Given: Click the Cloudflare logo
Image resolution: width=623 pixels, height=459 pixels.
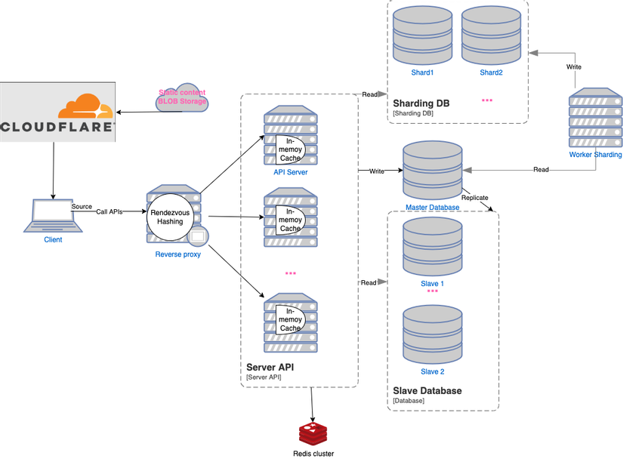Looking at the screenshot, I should coord(57,112).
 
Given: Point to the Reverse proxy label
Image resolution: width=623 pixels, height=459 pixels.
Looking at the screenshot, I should coord(177,254).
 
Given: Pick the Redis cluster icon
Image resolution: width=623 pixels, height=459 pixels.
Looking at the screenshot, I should coord(313,433).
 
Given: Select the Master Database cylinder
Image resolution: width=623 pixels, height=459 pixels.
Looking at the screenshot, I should coord(433,171).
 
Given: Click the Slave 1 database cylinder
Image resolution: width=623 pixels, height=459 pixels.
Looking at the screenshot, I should coord(432,246).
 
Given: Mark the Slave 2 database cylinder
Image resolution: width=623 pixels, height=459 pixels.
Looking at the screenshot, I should coord(432,334).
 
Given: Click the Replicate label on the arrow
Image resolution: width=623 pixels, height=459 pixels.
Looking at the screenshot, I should coord(476,198).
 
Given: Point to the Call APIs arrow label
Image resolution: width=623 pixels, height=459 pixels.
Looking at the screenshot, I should coord(109,212).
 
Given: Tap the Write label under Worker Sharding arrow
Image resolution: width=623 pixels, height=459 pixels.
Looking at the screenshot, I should coord(574,67).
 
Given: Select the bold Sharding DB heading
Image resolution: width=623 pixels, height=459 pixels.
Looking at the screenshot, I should coord(421,103).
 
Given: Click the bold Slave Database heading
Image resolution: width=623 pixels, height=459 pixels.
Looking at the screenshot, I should coord(427,390).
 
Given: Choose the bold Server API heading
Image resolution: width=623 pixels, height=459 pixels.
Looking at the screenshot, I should coord(270,367).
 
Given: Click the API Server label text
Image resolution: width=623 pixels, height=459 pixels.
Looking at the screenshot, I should coord(291,172).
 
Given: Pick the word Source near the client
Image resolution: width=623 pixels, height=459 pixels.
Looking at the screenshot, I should coord(82,206).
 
